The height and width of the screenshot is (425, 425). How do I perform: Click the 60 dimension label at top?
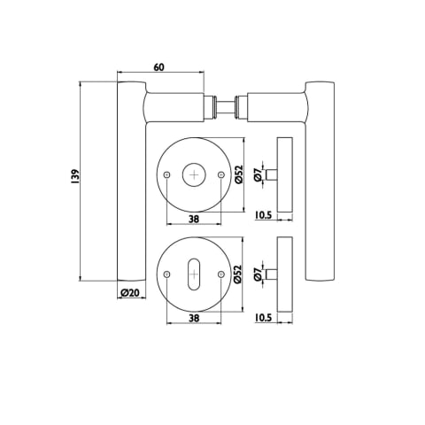pos(158,67)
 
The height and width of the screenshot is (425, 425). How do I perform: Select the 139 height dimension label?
pos(75,177)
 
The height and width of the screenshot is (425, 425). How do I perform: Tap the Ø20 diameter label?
pos(130,293)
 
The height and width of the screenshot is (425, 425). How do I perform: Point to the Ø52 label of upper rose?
pos(239,174)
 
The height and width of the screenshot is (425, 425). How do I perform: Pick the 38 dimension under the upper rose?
pos(194,219)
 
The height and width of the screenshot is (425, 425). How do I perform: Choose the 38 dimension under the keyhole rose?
pos(194,318)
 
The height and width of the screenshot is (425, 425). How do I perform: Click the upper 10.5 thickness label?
pos(263,215)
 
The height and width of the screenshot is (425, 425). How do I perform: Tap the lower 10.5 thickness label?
pos(263,318)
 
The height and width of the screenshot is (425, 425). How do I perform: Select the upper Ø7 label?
pos(258,175)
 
